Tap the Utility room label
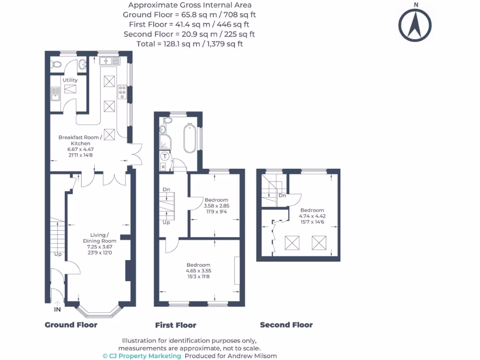pos(70,80)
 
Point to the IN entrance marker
pos(57,310)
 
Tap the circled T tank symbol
pos(165,157)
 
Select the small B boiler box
pos(163,167)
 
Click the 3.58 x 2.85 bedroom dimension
pos(217,205)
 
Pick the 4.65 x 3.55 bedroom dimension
pos(199,270)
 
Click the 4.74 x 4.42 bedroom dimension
pos(313,216)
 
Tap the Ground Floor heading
pos(71,325)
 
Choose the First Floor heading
pos(176,325)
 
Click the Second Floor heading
pos(286,325)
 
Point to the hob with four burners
pos(122,92)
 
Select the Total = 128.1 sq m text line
pos(189,44)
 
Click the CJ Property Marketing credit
pos(142,356)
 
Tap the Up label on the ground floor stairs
pos(58,255)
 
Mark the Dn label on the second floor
pos(282,195)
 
